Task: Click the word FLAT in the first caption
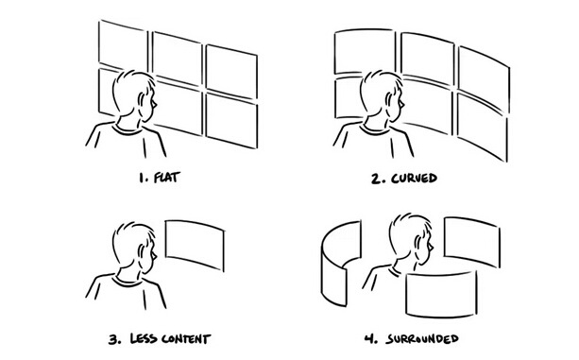tap(166, 178)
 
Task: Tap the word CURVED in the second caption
tap(414, 179)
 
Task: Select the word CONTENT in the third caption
tap(186, 339)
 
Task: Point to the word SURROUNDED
tap(422, 338)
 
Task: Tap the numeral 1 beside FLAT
tap(143, 178)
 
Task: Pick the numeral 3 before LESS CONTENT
tap(114, 339)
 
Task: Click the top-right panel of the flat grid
tap(231, 71)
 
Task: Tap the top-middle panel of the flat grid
tap(178, 58)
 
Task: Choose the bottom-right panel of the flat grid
tap(232, 120)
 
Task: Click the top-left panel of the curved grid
tap(364, 51)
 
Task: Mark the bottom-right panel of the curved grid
tap(483, 128)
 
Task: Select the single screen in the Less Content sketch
tap(195, 246)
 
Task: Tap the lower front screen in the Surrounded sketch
tap(441, 294)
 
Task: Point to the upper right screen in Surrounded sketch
tap(472, 242)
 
